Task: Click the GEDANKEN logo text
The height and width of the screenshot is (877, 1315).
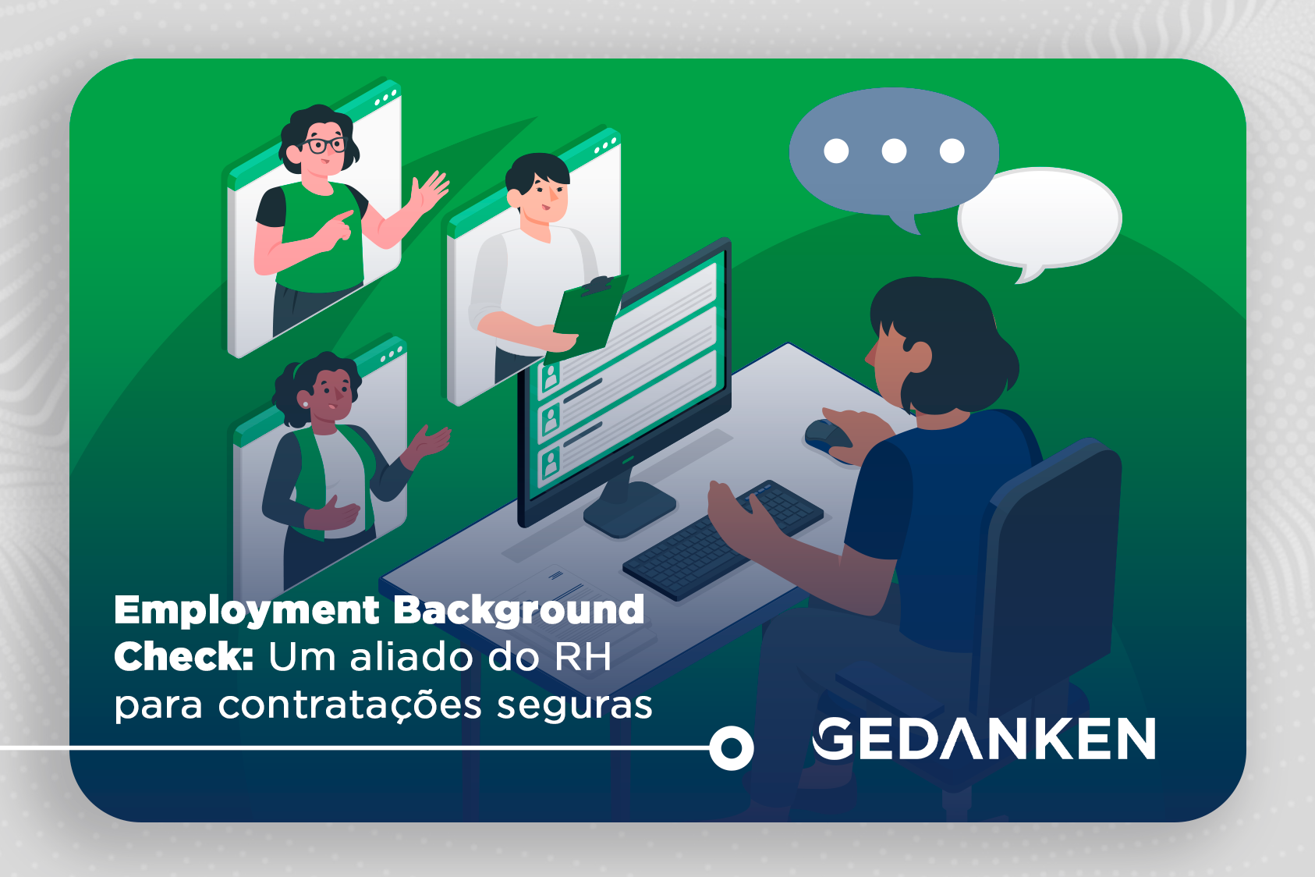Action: pyautogui.click(x=984, y=739)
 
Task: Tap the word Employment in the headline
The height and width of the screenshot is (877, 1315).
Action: pyautogui.click(x=246, y=611)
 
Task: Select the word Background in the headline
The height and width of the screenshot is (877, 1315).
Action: pyautogui.click(x=519, y=611)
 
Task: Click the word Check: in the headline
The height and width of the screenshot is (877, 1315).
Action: pyautogui.click(x=183, y=657)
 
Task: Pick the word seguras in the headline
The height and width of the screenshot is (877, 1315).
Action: pyautogui.click(x=574, y=705)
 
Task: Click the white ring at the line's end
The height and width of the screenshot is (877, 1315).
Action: pyautogui.click(x=731, y=748)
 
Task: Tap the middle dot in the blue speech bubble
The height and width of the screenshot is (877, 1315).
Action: pyautogui.click(x=894, y=151)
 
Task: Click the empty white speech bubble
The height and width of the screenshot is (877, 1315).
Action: pyautogui.click(x=1039, y=219)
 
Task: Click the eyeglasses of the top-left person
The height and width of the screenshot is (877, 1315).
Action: pyautogui.click(x=324, y=145)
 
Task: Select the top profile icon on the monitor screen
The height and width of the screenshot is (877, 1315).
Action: pyautogui.click(x=551, y=377)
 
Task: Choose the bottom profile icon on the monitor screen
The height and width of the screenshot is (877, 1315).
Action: pyautogui.click(x=551, y=463)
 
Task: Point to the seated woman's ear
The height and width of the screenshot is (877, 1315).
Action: pyautogui.click(x=920, y=357)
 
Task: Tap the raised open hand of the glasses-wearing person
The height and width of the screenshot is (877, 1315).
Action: pyautogui.click(x=430, y=190)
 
